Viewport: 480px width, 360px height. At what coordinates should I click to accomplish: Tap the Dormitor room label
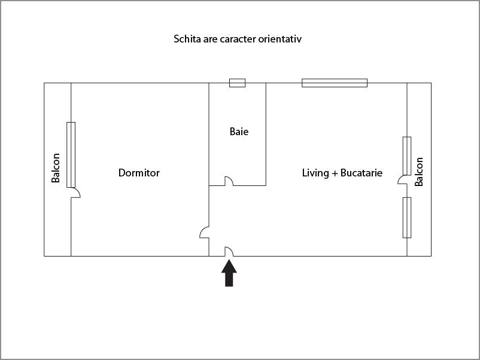139,173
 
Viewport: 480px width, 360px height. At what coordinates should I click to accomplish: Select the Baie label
239,132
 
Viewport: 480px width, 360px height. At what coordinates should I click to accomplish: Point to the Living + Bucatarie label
342,173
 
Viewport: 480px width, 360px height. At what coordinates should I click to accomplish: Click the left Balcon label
56,169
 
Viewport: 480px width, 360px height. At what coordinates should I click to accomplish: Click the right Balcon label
419,172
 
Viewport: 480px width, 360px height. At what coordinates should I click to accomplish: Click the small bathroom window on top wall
238,83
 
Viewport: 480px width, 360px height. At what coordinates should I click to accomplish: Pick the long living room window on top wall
335,83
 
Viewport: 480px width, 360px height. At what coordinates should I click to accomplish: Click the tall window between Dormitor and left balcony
71,154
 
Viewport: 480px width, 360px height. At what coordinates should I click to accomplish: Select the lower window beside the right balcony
407,217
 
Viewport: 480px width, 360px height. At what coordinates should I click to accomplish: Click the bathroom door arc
229,182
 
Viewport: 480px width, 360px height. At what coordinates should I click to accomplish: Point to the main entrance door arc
229,252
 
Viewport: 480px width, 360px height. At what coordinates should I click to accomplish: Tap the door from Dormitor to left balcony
75,193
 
